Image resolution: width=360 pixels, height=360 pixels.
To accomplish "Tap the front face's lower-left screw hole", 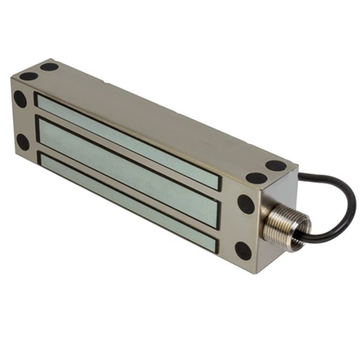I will pos(23,142).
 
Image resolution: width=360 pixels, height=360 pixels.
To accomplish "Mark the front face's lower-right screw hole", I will pos(243,250).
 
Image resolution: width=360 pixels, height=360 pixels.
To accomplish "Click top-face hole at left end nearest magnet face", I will pos(28,76).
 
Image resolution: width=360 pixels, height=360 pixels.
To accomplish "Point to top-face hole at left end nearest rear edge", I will pos(49,66).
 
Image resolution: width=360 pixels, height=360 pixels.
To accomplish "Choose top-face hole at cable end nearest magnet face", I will pos(256,177).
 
